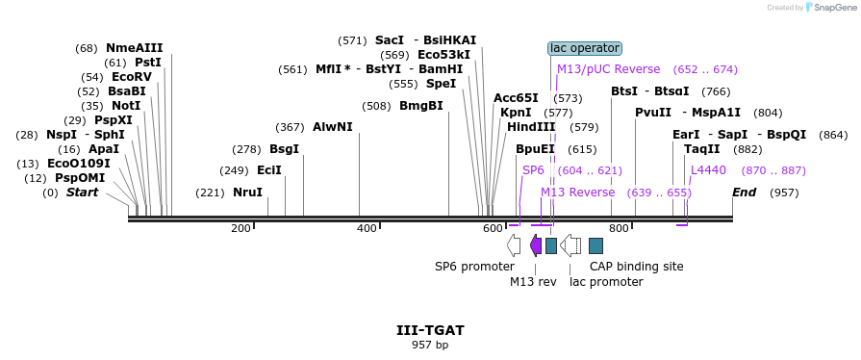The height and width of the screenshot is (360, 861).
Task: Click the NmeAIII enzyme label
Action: [x=135, y=48]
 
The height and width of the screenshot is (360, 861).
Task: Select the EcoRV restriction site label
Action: [x=132, y=77]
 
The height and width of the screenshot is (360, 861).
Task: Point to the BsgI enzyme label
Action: [x=284, y=149]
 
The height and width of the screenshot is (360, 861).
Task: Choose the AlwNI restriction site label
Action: [x=332, y=127]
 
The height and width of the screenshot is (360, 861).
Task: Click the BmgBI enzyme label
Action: [x=421, y=106]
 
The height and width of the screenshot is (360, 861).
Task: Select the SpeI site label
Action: [x=441, y=84]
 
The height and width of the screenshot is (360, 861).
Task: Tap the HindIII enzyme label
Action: [x=531, y=127]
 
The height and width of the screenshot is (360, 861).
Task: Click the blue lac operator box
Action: [x=585, y=48]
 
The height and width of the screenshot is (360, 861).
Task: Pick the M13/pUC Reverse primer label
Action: [x=608, y=69]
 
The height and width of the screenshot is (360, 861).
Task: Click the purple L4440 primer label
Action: [x=709, y=170]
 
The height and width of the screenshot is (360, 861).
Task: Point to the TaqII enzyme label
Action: [x=701, y=149]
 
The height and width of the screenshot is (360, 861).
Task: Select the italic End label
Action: [x=744, y=193]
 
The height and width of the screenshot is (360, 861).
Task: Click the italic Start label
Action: [x=82, y=193]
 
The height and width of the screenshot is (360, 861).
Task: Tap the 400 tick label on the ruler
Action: [x=367, y=228]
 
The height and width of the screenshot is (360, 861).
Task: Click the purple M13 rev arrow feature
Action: [x=536, y=245]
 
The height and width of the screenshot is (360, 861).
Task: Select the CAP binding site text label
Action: [x=636, y=266]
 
